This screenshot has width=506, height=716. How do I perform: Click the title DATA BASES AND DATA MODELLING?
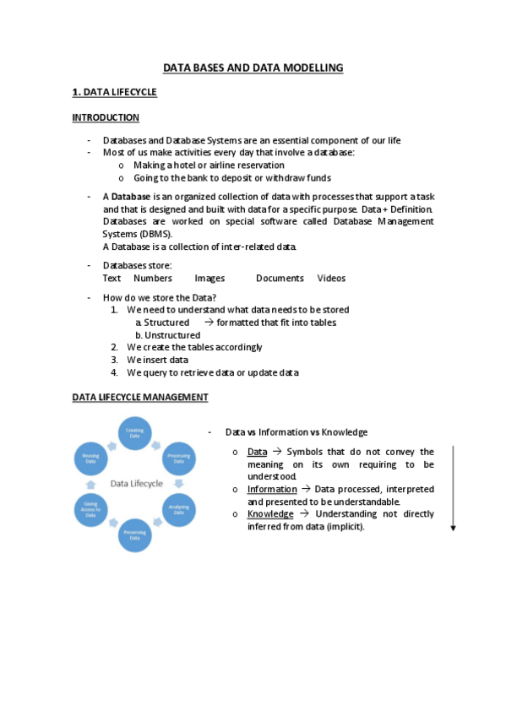(x=253, y=67)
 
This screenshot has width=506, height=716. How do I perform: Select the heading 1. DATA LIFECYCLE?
(x=115, y=91)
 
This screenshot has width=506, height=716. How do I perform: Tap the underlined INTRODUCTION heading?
(x=106, y=117)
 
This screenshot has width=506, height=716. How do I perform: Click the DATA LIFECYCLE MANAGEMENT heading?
(x=140, y=397)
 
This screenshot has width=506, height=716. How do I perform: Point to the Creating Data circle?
(x=135, y=431)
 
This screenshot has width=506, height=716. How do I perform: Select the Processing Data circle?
(x=178, y=458)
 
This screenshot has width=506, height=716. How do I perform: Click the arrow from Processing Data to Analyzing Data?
(x=181, y=484)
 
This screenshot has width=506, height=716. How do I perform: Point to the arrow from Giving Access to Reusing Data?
(x=90, y=484)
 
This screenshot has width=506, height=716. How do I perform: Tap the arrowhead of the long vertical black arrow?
(x=453, y=527)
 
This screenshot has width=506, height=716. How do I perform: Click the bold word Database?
(x=130, y=197)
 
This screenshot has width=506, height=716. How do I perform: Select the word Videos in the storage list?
(x=331, y=278)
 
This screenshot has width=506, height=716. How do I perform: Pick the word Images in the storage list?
(x=209, y=278)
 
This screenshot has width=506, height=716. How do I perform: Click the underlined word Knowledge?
(x=270, y=513)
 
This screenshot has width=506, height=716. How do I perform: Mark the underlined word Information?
(x=272, y=489)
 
